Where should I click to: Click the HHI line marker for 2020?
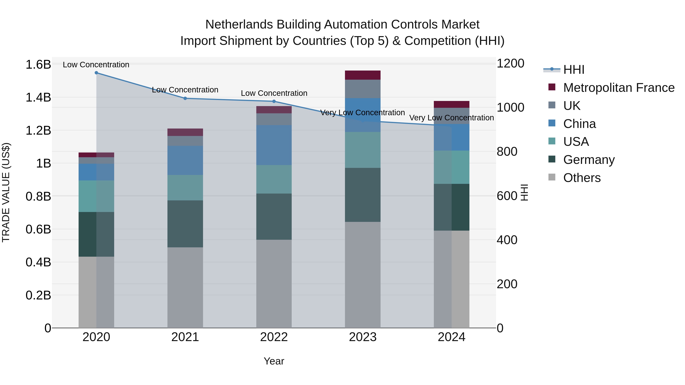[x=96, y=73]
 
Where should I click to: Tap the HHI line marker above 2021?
[x=185, y=98]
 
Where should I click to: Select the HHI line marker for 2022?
[x=274, y=101]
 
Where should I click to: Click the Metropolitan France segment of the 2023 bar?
[x=362, y=75]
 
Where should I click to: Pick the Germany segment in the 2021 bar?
[x=185, y=224]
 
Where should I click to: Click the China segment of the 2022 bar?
[x=274, y=145]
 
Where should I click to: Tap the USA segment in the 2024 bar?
[x=452, y=167]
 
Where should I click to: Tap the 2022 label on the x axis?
[x=274, y=337]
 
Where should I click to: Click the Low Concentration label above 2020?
[x=96, y=65]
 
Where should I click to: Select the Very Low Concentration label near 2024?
[x=451, y=118]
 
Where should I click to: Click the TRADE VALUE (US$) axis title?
[x=6, y=192]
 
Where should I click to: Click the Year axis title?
[x=274, y=361]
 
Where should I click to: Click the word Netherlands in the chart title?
[x=239, y=25]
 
